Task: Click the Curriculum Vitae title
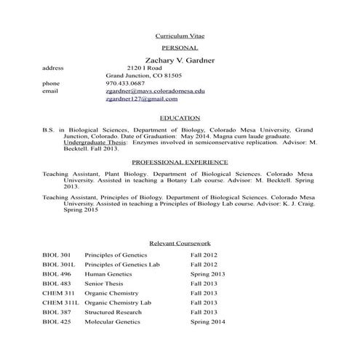pos(180,35)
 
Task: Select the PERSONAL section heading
pos(180,47)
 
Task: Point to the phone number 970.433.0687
pos(126,84)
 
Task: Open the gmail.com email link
pos(141,100)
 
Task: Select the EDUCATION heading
pos(180,117)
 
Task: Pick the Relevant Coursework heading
pos(180,243)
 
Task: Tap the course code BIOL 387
pos(57,311)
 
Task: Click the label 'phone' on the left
pos(50,84)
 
